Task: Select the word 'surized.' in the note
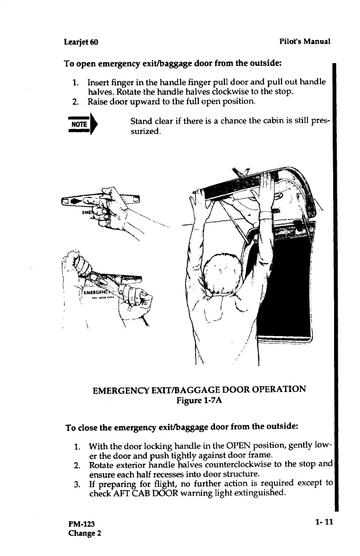coord(145,132)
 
